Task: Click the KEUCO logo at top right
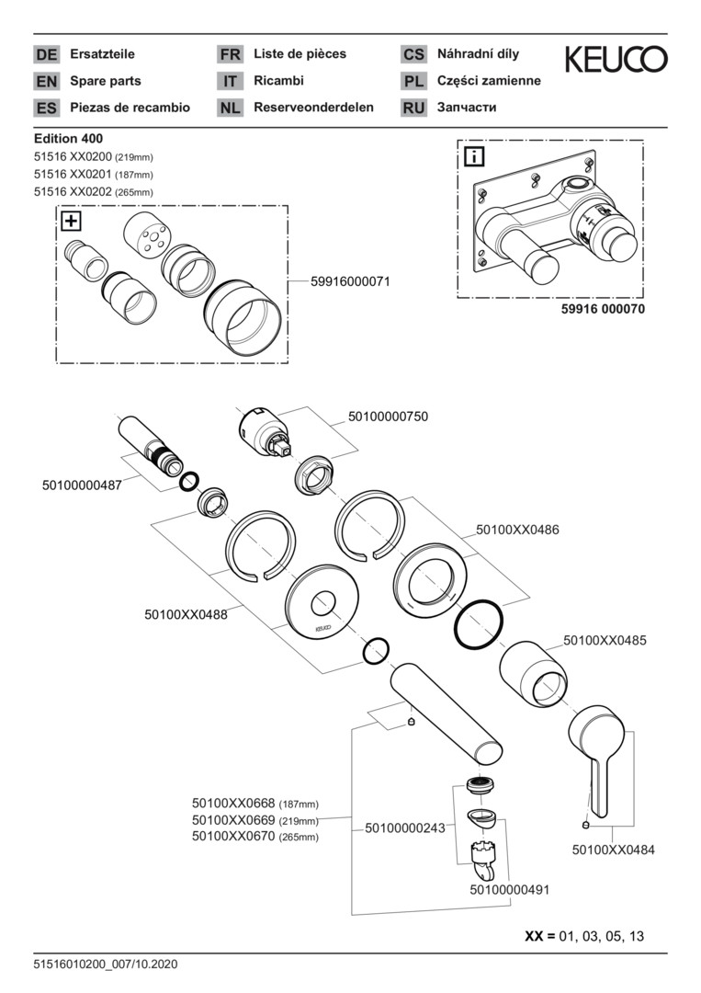(616, 61)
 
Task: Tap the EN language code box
(46, 81)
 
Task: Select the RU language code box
(413, 108)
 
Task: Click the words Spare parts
(106, 81)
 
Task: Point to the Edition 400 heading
(68, 139)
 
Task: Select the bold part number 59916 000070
(603, 310)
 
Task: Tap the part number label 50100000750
(388, 417)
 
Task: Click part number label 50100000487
(82, 485)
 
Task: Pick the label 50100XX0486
(517, 530)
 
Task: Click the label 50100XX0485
(605, 639)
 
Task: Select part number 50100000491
(510, 889)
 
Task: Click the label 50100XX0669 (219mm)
(254, 820)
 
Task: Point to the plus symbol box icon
(70, 221)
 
